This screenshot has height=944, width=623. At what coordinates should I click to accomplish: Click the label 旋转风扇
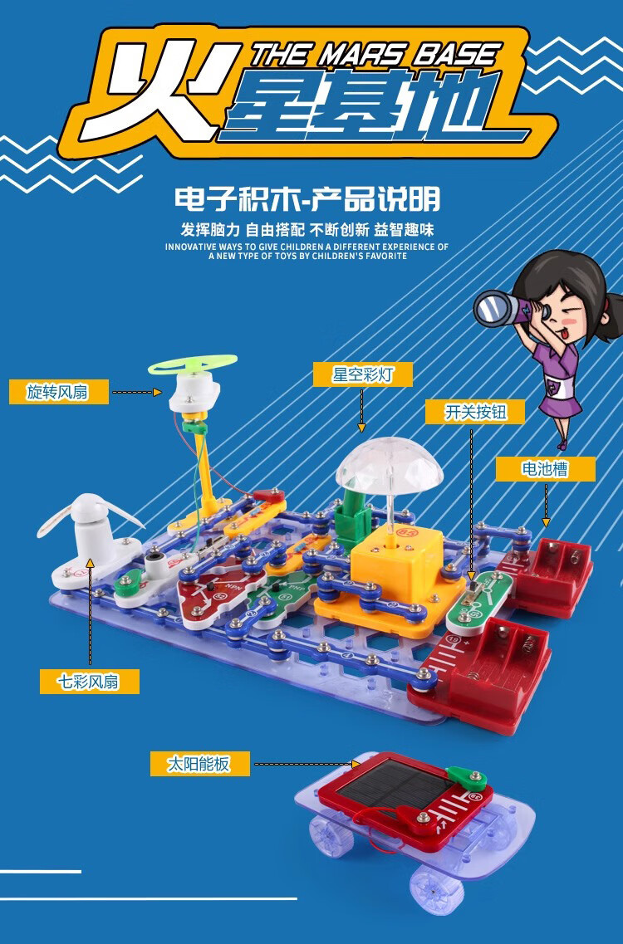[x=59, y=392]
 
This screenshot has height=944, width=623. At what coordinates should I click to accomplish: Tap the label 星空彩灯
[x=363, y=374]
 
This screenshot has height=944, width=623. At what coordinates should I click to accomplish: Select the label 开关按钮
[x=475, y=412]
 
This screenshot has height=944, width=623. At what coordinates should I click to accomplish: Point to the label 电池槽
[x=545, y=468]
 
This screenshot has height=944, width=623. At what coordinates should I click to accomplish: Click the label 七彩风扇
[x=89, y=682]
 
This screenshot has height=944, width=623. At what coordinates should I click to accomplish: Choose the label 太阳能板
[x=199, y=764]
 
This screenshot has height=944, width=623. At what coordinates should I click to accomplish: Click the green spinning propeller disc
[x=193, y=365]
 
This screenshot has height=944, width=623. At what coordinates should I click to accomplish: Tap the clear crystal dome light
[x=390, y=466]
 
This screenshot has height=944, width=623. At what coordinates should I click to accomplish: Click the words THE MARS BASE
[x=375, y=55]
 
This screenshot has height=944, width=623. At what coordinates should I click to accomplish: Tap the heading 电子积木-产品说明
[x=307, y=198]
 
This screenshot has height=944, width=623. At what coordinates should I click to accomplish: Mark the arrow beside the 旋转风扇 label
[x=137, y=392]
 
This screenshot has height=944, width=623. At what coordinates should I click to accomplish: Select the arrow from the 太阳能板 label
[x=307, y=764]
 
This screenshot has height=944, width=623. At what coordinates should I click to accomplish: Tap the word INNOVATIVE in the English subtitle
[x=191, y=247]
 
